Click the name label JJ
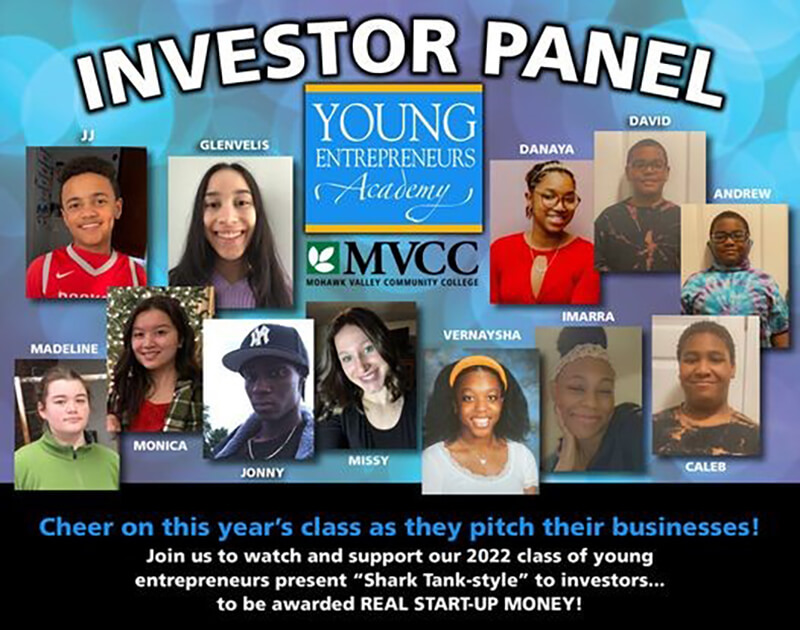[x=87, y=137]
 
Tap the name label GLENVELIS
[x=234, y=145]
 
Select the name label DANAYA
[x=546, y=149]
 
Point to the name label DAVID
[x=649, y=121]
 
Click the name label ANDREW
[x=742, y=194]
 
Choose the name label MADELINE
[x=64, y=349]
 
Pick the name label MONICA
[x=160, y=446]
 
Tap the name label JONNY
[x=262, y=473]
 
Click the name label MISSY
[x=368, y=461]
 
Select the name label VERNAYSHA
[x=482, y=335]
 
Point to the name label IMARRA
[x=588, y=317]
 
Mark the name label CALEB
[x=705, y=467]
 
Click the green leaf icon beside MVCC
[x=323, y=258]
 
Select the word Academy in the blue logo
[x=393, y=193]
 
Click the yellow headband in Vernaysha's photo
[x=478, y=368]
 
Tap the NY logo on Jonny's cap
[x=259, y=338]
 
